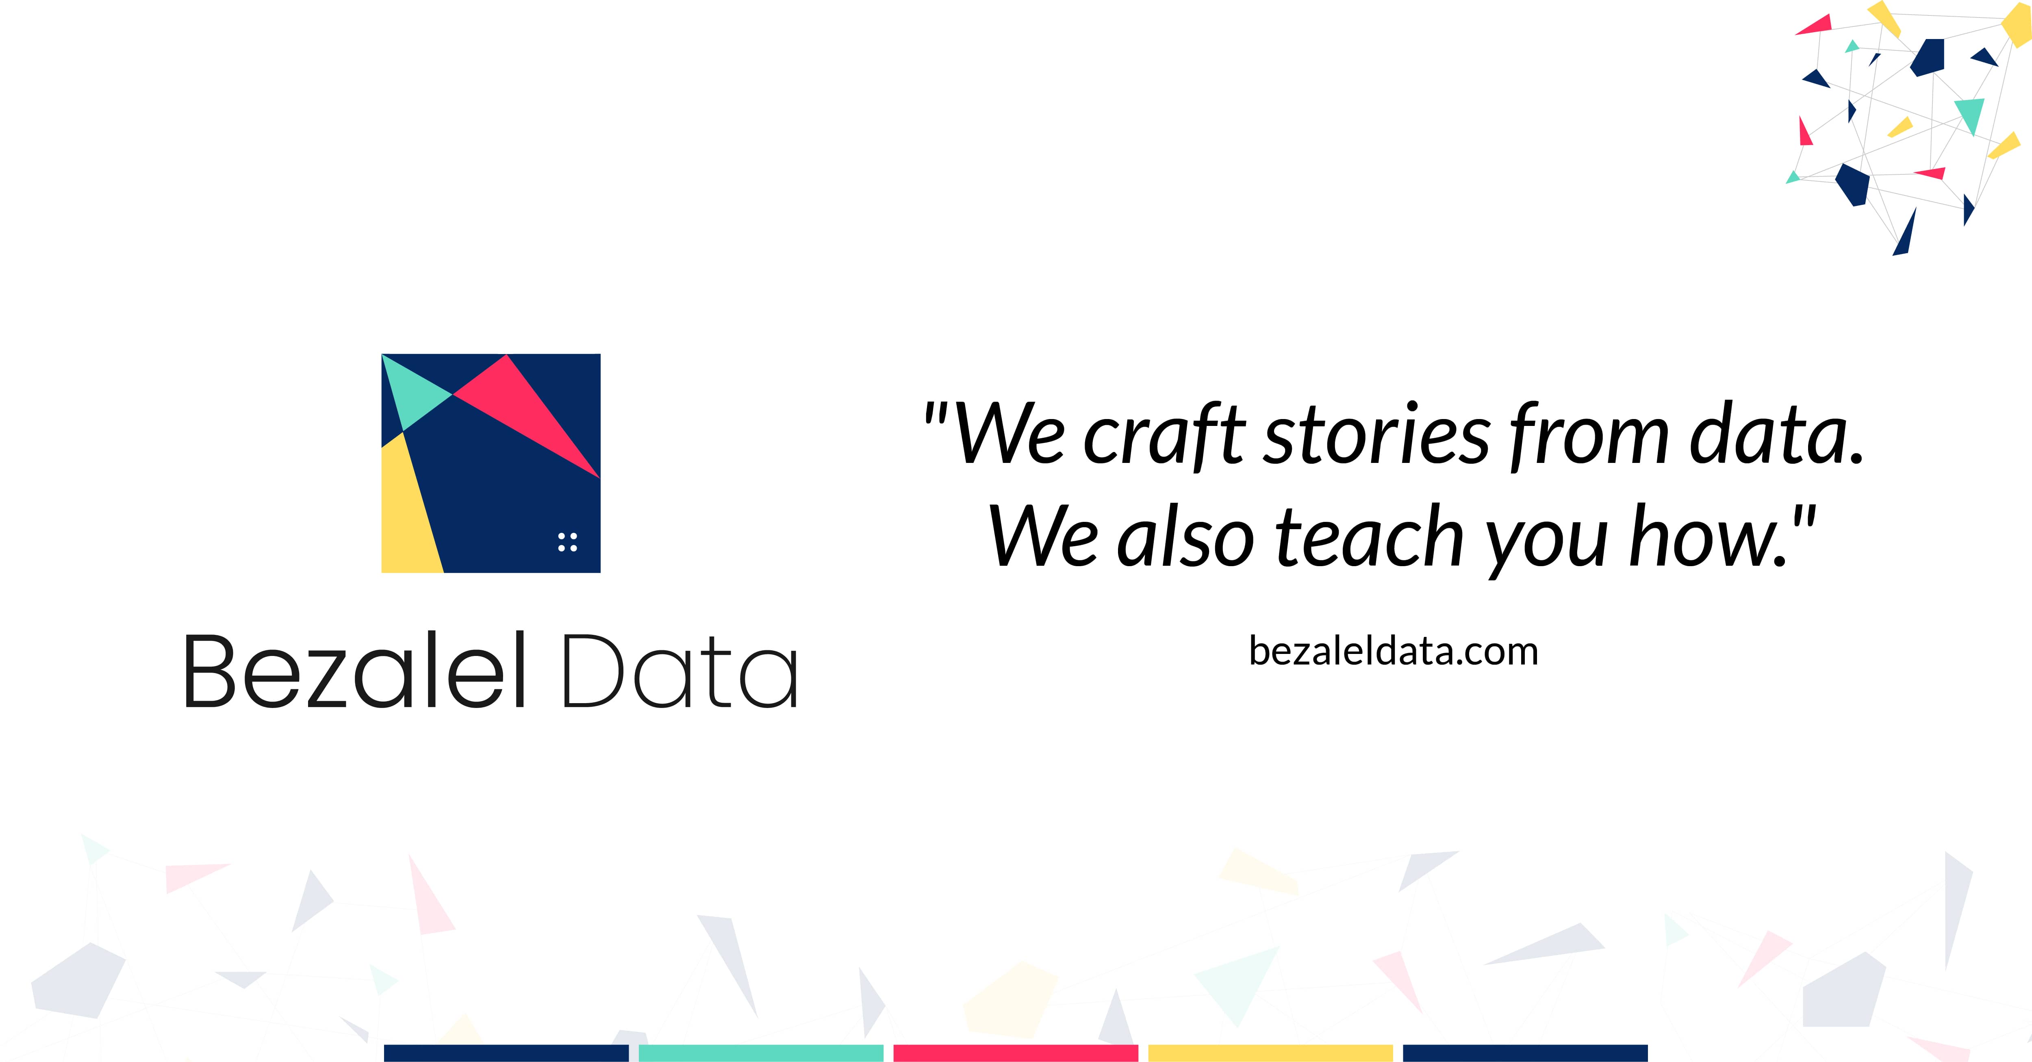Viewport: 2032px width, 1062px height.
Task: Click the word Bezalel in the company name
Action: pos(355,672)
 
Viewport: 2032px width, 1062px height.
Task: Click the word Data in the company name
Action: pos(680,672)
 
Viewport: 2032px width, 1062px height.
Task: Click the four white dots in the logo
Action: pos(567,542)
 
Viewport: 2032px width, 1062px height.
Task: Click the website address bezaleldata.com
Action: pos(1393,652)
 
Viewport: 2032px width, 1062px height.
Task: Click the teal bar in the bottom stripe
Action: pos(760,1053)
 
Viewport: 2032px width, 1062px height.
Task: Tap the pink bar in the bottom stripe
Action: pos(1015,1053)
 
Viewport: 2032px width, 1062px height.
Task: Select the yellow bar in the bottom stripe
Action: pos(1270,1053)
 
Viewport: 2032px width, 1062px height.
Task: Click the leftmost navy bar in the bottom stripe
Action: pos(506,1053)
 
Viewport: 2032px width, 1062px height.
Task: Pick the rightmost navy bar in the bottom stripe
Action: pos(1525,1053)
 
